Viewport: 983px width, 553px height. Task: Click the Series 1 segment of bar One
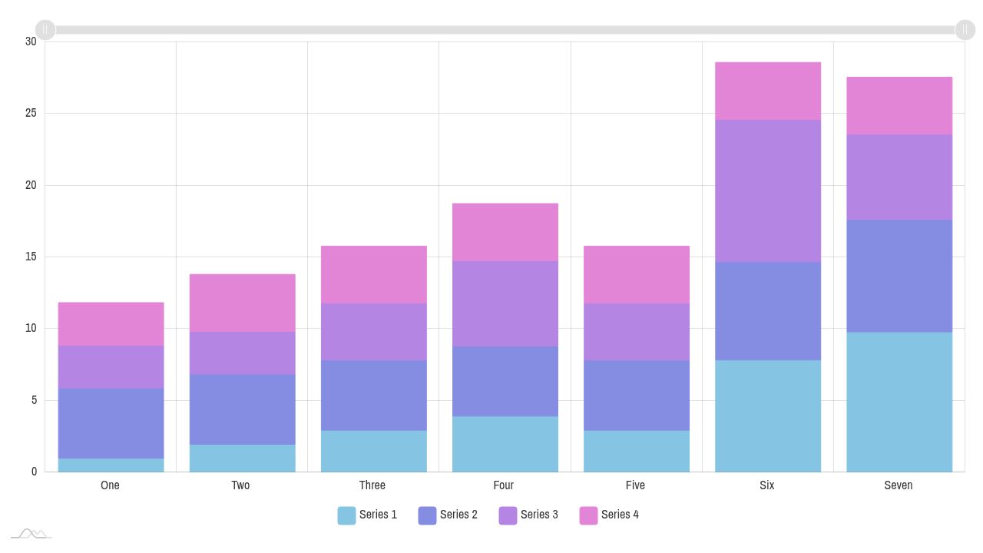111,465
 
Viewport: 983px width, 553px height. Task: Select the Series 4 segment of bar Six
768,91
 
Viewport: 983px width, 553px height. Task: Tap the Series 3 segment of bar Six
768,190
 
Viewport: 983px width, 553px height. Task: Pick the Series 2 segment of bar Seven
899,276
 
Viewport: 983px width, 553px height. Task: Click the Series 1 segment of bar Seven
899,402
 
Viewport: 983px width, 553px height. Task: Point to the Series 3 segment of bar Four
505,303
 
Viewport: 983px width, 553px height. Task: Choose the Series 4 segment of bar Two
242,303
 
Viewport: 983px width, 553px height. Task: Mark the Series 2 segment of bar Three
373,396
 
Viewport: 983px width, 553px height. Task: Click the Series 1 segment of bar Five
637,451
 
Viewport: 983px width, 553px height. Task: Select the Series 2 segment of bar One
111,423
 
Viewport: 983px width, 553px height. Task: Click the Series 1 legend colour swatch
346,515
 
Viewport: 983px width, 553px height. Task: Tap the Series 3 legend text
539,515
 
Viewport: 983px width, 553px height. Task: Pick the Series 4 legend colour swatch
588,515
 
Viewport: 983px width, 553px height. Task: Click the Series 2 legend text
458,515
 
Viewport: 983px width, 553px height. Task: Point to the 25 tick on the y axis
31,114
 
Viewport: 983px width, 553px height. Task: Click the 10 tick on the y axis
31,329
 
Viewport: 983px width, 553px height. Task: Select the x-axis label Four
504,485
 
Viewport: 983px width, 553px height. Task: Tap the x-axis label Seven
899,485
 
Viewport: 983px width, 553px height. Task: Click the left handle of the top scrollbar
45,30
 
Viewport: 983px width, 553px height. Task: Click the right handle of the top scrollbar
965,30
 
